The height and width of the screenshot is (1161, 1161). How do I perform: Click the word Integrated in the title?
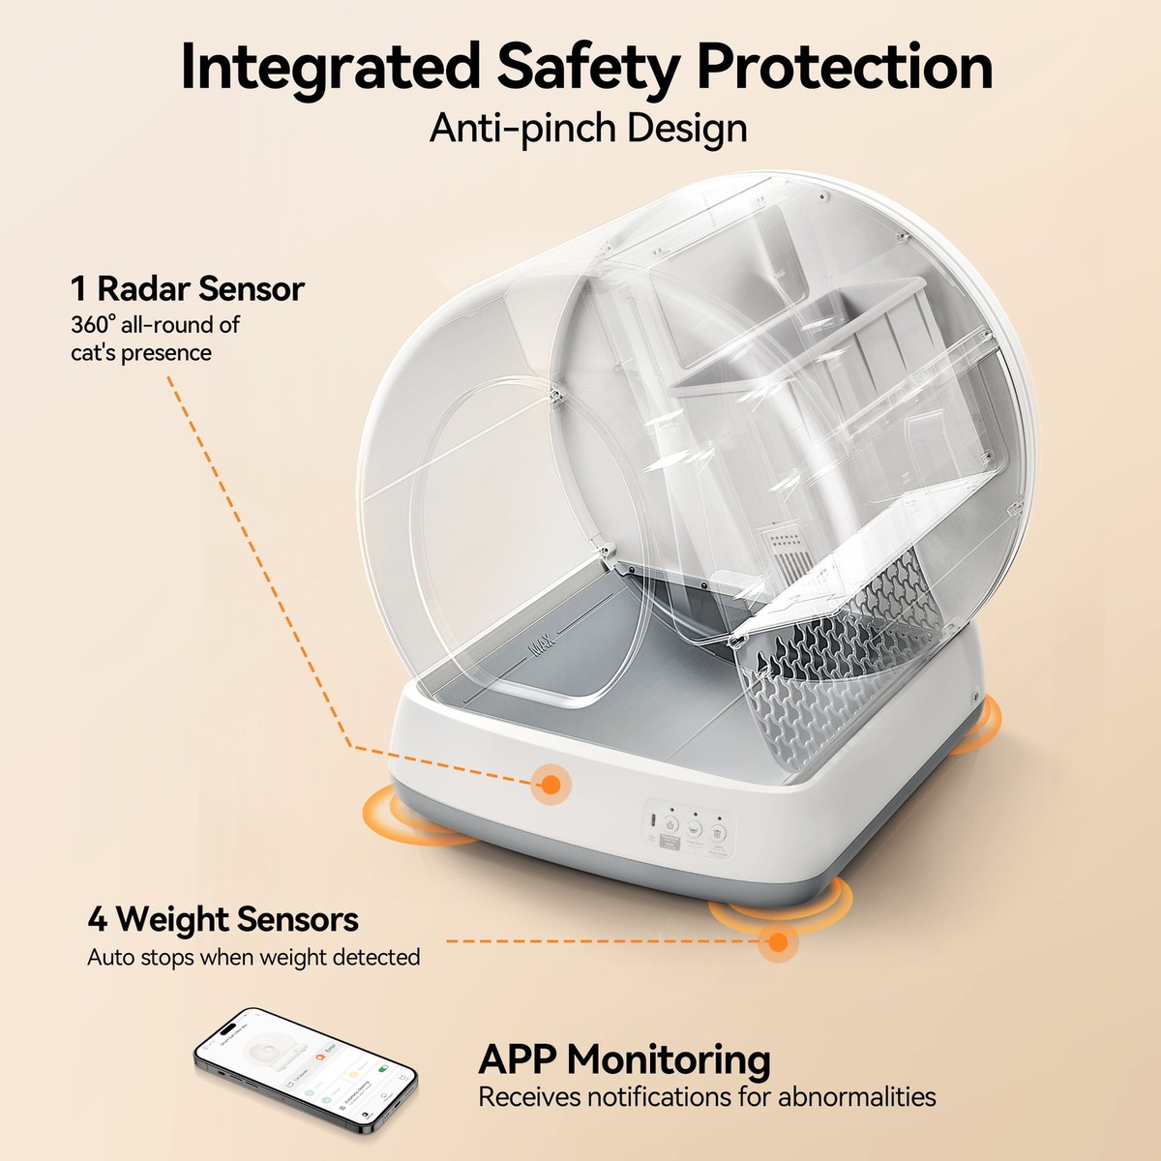tap(329, 68)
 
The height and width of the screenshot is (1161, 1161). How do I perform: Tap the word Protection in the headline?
tap(844, 68)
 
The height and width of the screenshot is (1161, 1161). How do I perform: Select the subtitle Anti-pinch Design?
tap(588, 129)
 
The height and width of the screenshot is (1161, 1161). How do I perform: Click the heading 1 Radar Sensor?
tap(187, 288)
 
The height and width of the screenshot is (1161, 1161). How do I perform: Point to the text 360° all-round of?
tap(155, 325)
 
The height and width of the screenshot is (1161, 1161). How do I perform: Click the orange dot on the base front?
tap(550, 784)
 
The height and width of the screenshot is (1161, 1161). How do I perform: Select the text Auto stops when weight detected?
tap(253, 958)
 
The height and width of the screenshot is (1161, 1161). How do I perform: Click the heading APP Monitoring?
tap(624, 1059)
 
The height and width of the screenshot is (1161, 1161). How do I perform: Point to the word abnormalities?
tap(857, 1097)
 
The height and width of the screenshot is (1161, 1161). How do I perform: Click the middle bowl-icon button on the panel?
tap(694, 828)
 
